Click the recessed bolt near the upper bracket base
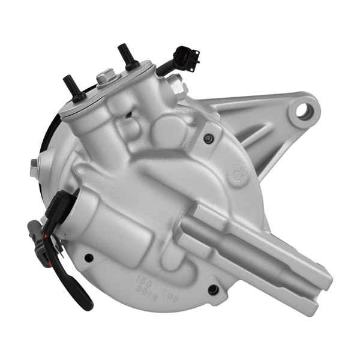[x=208, y=139]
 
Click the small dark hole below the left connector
[x=89, y=258]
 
